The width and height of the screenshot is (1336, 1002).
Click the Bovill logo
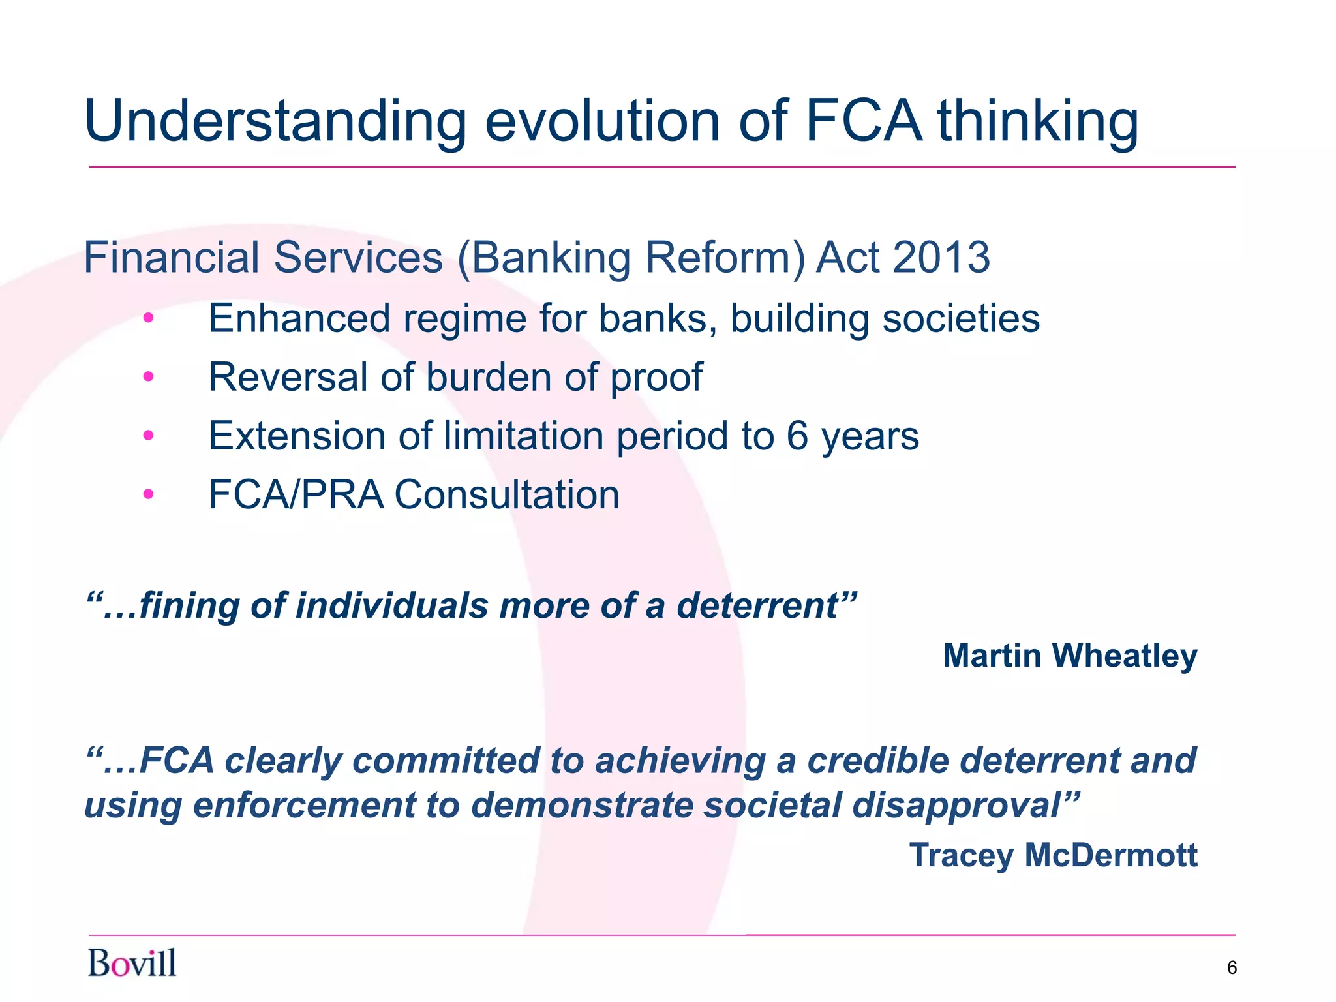pos(132,963)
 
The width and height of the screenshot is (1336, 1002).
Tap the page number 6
pos(1232,967)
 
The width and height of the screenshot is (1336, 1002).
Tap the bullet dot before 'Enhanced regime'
pos(149,318)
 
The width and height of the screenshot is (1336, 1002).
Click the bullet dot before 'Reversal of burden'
pos(149,377)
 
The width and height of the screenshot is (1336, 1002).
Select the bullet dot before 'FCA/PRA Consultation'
pos(149,494)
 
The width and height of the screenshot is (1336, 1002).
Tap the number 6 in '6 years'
pos(797,436)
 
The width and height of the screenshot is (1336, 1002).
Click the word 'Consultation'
pos(506,494)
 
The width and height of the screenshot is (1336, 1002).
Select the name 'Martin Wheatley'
pos(1070,656)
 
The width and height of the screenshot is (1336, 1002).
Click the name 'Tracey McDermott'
pos(1053,855)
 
